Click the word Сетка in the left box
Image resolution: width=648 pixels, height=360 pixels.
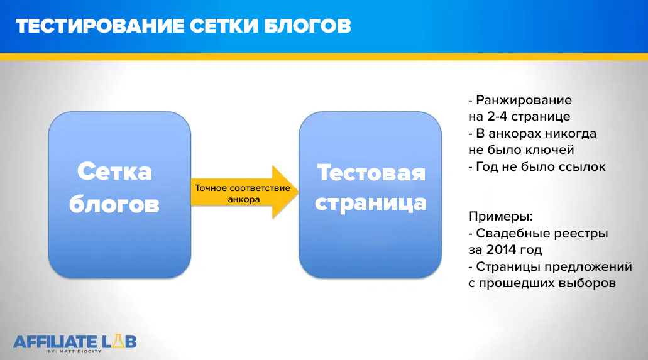click(x=114, y=171)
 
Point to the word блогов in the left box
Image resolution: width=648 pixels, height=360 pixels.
click(x=114, y=204)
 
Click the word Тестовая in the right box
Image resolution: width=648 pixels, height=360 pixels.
click(x=371, y=172)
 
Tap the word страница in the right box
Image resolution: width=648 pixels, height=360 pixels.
click(x=371, y=203)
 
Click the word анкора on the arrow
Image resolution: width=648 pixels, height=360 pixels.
click(x=242, y=199)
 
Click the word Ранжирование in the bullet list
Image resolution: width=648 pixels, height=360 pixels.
click(x=524, y=101)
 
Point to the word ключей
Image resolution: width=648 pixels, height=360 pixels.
click(x=552, y=150)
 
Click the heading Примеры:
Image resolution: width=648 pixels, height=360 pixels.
click(x=500, y=217)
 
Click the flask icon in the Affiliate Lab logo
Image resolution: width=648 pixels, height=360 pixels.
click(x=108, y=341)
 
